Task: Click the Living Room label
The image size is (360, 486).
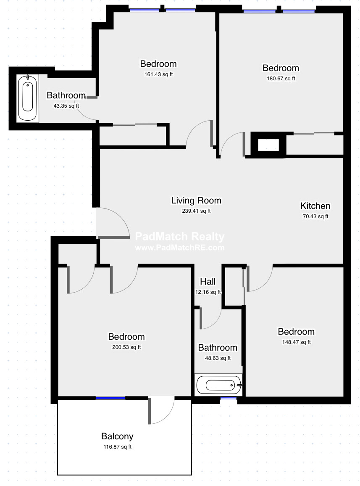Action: point(196,200)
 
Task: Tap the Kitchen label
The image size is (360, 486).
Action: point(315,206)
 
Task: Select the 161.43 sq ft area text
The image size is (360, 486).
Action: point(158,74)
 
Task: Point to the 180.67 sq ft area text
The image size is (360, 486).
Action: point(281,78)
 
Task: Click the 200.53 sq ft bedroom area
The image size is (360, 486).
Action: point(126,347)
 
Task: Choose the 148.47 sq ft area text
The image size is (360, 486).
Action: point(296,342)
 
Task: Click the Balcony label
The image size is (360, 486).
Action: point(117,436)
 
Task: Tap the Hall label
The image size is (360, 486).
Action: point(208,281)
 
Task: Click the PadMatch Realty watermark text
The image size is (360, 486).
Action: point(179,237)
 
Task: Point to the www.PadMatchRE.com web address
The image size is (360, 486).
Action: point(179,248)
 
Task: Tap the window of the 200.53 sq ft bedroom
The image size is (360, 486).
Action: point(110,398)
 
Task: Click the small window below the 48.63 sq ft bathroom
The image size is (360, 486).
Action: point(228,398)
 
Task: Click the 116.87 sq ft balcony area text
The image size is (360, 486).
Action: point(117,447)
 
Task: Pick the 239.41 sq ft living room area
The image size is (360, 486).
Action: point(196,211)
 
